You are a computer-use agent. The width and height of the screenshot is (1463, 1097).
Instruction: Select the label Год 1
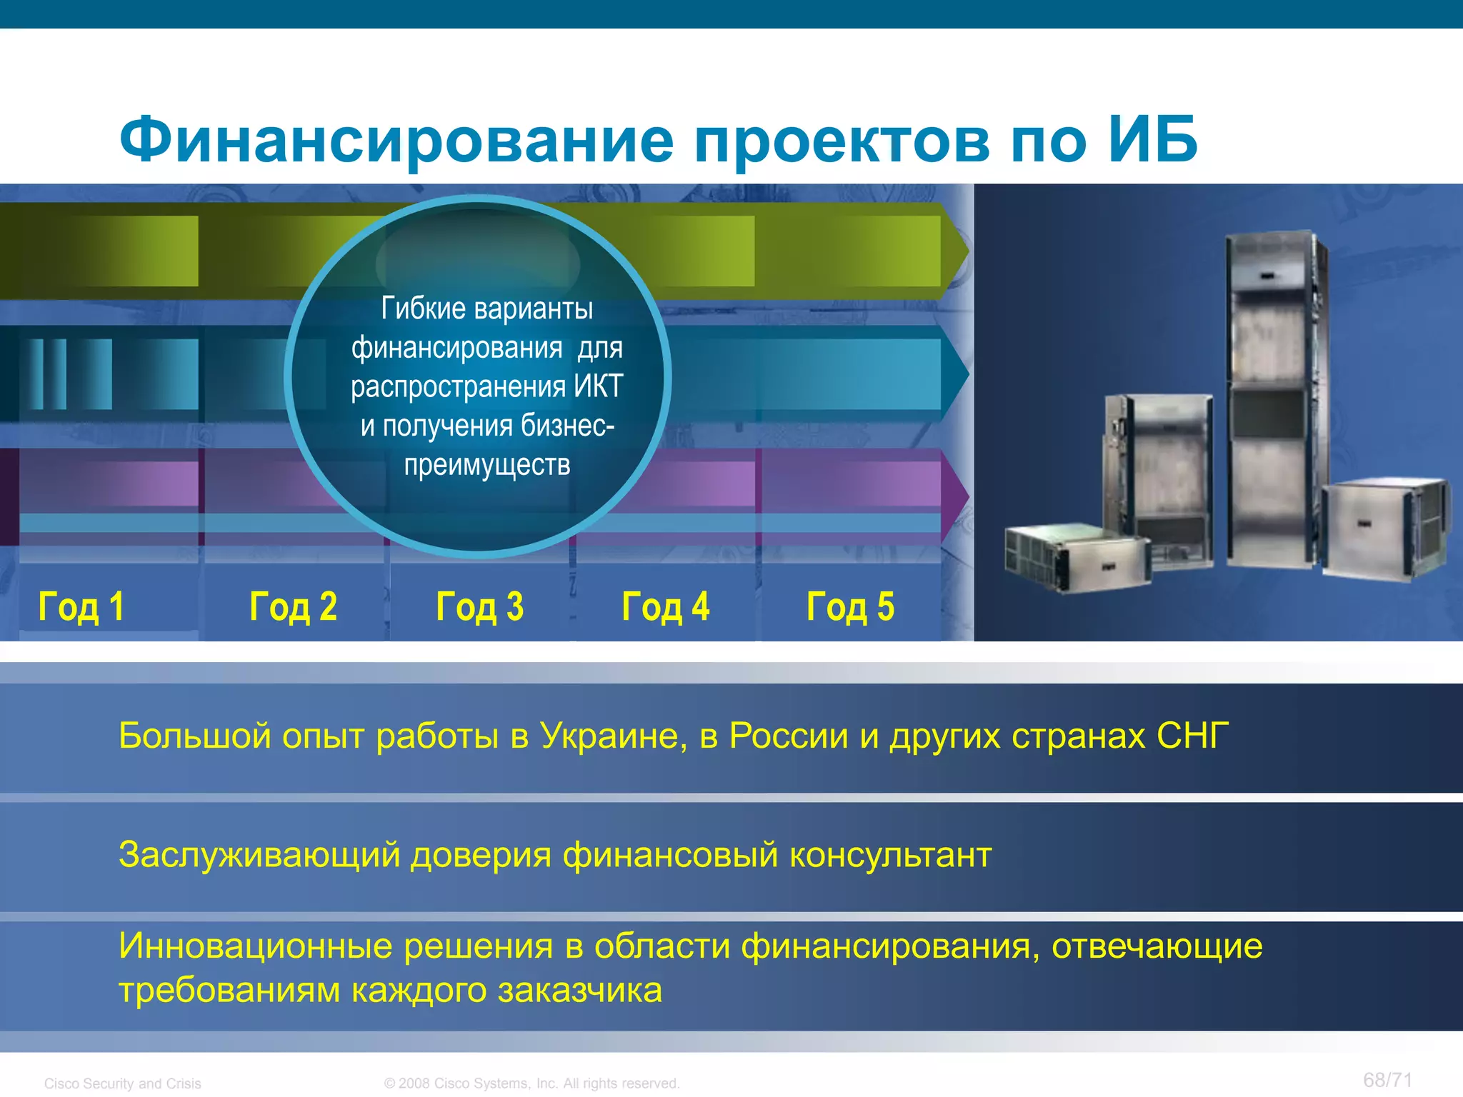click(x=81, y=607)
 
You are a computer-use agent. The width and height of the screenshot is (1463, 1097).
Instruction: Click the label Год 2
click(x=293, y=607)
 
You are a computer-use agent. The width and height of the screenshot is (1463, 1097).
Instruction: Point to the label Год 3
click(x=479, y=607)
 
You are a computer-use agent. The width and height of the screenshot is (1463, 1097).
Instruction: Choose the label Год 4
click(x=665, y=607)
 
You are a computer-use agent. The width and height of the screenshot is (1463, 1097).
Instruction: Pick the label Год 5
click(x=850, y=607)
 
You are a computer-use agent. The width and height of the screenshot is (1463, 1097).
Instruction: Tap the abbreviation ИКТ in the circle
click(x=599, y=386)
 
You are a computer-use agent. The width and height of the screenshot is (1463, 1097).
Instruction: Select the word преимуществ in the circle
click(x=486, y=465)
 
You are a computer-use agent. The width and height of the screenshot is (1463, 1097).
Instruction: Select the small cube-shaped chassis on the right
click(x=1382, y=529)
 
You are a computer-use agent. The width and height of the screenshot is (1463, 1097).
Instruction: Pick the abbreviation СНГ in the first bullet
click(x=1192, y=736)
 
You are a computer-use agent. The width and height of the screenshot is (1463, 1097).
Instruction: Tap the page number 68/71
click(x=1387, y=1080)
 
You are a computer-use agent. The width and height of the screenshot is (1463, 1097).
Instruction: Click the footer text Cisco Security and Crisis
click(x=122, y=1083)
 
